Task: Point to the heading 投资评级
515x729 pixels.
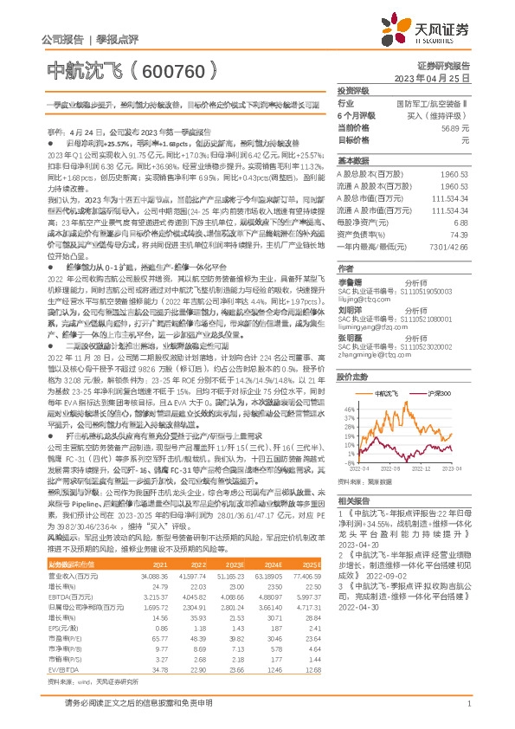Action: pos(353,89)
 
